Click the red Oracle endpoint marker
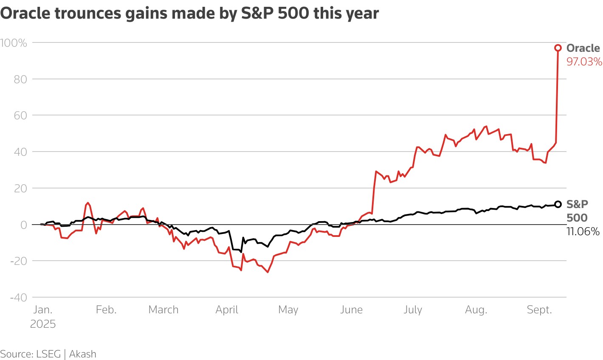point(558,48)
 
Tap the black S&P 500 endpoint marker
point(558,204)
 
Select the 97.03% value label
point(584,62)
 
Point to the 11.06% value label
point(583,231)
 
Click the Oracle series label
point(583,48)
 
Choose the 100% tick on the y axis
point(14,43)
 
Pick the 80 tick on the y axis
point(20,79)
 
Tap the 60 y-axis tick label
point(20,115)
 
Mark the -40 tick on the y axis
point(19,297)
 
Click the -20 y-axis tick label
point(19,261)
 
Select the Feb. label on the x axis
point(106,310)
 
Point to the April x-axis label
point(227,310)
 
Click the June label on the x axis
point(351,310)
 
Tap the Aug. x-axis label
point(476,310)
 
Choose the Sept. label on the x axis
point(539,310)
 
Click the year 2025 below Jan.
point(43,324)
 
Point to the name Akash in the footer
point(82,354)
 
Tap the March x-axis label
point(163,310)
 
